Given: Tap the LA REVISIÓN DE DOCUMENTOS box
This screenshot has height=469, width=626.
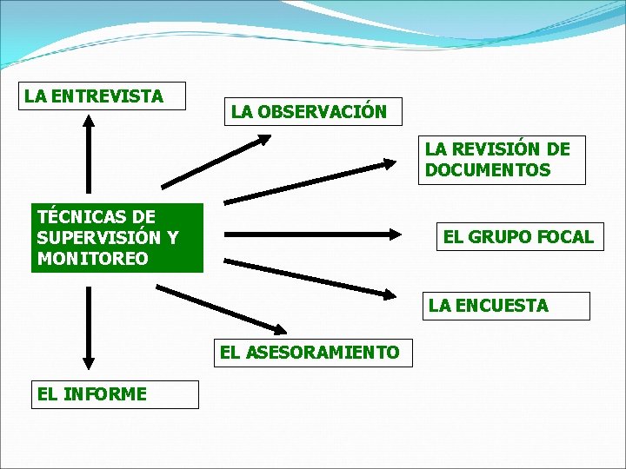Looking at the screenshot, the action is tap(499, 160).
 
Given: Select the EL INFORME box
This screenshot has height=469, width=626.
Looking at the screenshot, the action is tap(115, 394).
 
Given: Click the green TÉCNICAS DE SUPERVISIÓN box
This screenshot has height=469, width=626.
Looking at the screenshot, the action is tap(117, 238).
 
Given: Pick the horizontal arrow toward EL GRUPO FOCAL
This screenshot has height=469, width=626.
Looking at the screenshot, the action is tap(313, 234).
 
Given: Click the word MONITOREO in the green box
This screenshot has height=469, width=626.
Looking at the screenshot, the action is tap(92, 259).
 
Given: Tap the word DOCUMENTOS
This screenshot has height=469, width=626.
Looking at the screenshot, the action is tap(488, 170).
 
